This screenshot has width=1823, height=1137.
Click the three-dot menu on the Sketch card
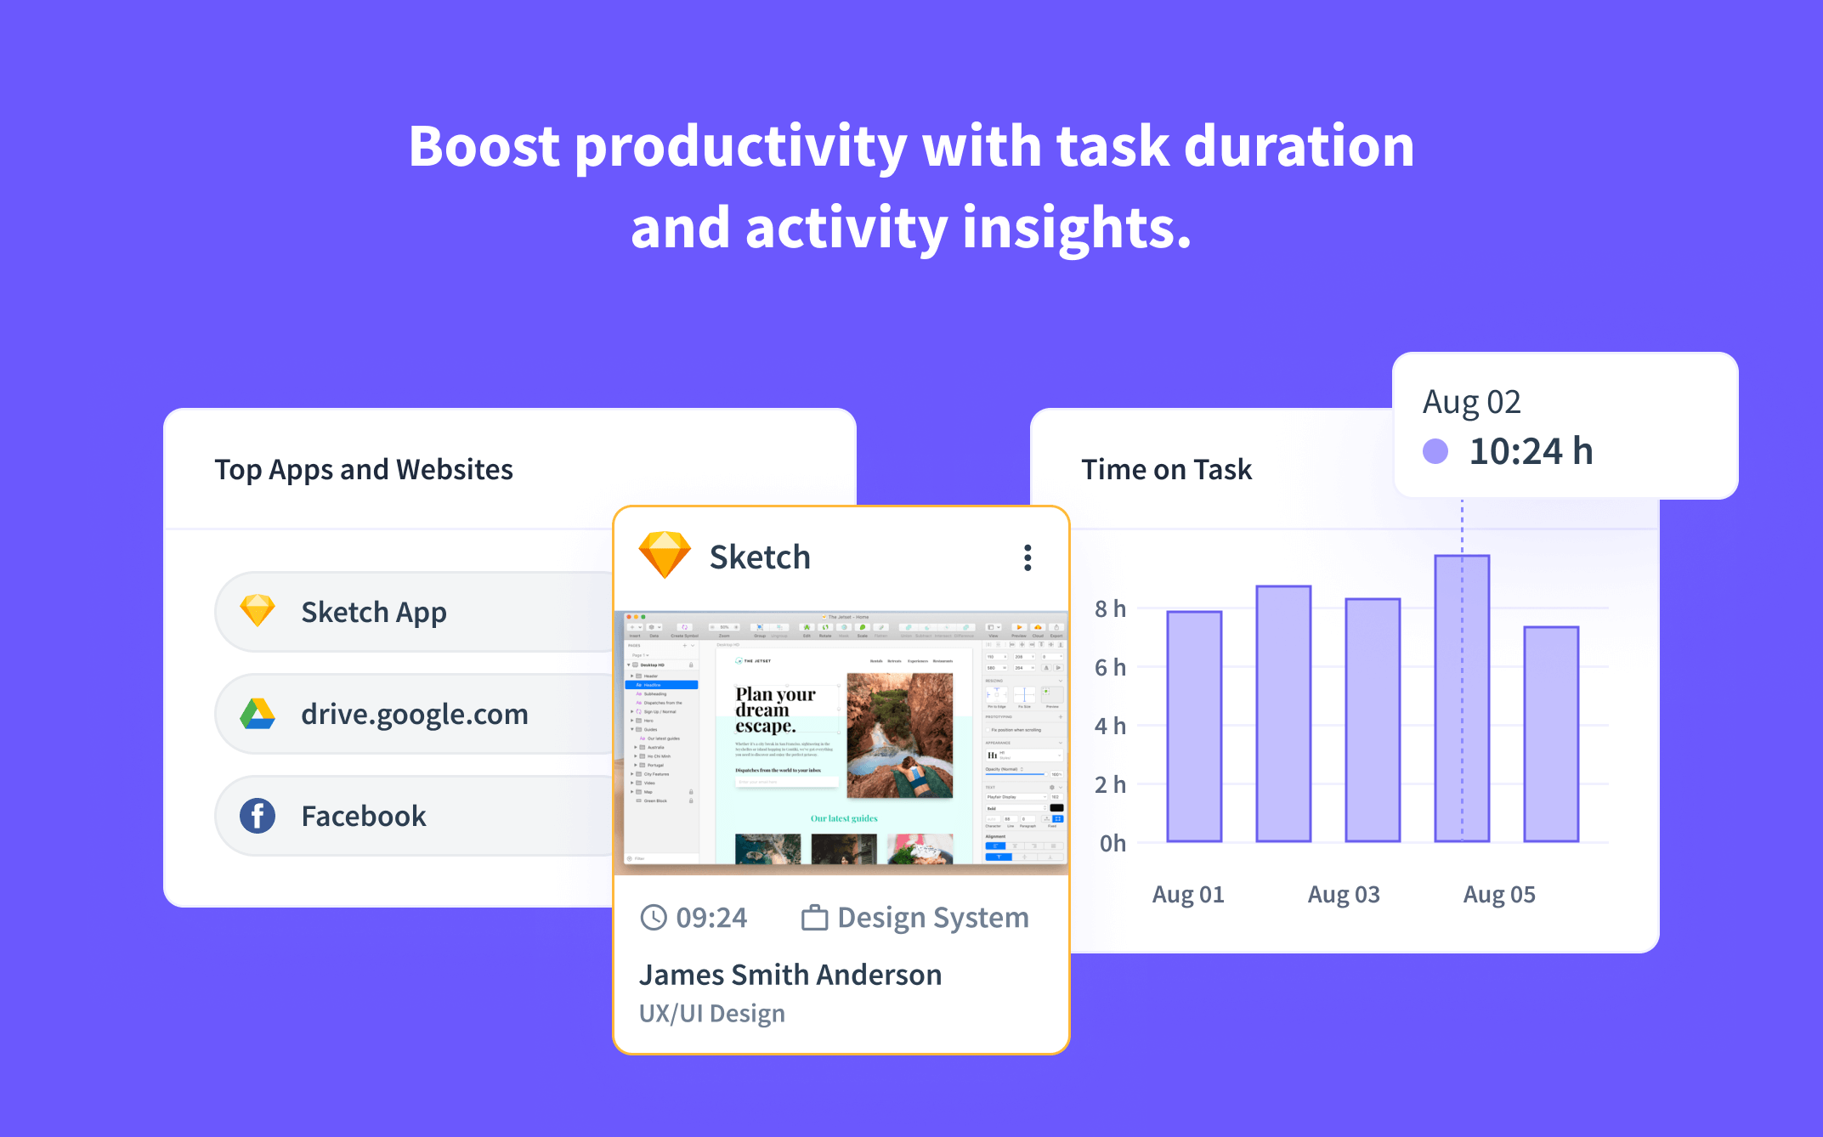[x=1028, y=557]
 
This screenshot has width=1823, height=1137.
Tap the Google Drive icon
[x=258, y=714]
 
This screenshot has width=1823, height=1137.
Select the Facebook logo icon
[x=258, y=816]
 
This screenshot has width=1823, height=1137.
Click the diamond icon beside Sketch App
[x=258, y=610]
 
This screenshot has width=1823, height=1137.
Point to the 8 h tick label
[x=1110, y=608]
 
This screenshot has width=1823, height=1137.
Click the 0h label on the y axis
[x=1112, y=843]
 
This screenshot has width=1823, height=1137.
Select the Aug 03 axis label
[x=1343, y=894]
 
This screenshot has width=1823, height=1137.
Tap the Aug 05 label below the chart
[x=1498, y=894]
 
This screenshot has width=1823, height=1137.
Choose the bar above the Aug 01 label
[x=1194, y=727]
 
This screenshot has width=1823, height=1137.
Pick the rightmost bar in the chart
[x=1551, y=734]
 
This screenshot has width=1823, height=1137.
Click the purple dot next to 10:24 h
[x=1435, y=451]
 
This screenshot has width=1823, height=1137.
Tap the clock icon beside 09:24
[x=654, y=918]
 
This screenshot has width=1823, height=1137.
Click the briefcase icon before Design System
[x=814, y=918]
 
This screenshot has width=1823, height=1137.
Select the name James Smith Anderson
[x=790, y=975]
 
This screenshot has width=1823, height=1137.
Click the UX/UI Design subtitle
[x=711, y=1014]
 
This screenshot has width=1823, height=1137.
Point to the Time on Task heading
[x=1166, y=469]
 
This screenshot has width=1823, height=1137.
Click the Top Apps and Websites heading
[x=364, y=469]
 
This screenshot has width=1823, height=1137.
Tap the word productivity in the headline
[x=741, y=147]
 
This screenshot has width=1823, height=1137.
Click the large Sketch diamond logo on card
[x=665, y=555]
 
